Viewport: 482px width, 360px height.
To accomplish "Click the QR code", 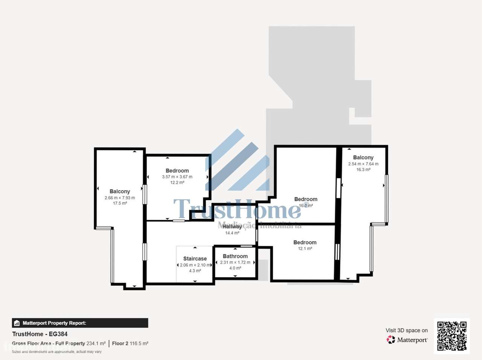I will (x=451, y=336).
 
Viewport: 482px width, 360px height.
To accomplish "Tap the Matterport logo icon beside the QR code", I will (x=391, y=340).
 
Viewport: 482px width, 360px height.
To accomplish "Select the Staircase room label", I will (x=195, y=259).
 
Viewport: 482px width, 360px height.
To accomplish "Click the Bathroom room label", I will (x=235, y=256).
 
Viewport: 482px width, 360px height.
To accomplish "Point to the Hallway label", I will (x=232, y=227).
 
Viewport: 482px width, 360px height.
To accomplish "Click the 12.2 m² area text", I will (x=177, y=183).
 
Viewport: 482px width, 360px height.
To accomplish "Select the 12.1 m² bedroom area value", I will (x=305, y=249).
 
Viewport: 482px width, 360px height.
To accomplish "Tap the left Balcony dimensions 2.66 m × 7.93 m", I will (x=120, y=198).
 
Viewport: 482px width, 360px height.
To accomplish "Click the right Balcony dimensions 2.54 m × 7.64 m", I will (x=363, y=164).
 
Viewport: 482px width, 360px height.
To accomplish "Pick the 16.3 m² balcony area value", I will (x=363, y=170).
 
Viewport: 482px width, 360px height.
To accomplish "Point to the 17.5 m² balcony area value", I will (x=120, y=203).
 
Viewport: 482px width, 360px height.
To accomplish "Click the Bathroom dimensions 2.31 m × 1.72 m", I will (x=235, y=262).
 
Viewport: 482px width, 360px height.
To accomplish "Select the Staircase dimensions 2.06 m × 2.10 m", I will (x=195, y=265).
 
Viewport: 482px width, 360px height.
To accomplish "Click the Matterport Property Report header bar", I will (x=80, y=323).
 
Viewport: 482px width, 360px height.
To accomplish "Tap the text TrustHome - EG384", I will (x=40, y=334).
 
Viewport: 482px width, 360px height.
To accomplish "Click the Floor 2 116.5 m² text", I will (x=130, y=343).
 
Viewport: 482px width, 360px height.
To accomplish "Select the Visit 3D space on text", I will (x=406, y=330).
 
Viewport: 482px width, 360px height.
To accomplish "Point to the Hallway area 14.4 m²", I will (x=232, y=233).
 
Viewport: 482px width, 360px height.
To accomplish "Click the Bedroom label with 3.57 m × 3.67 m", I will (x=177, y=171).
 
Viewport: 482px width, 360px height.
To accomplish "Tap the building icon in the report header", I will (x=17, y=323).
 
